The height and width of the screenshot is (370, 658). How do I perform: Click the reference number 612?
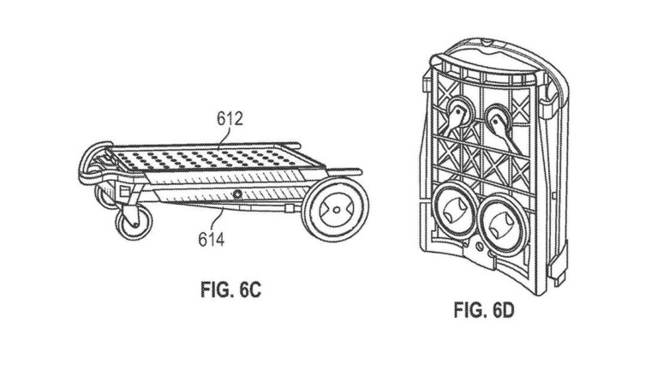pos(230,119)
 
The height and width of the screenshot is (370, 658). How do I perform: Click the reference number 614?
pos(212,239)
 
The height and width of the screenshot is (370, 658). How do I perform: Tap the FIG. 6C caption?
pos(230,289)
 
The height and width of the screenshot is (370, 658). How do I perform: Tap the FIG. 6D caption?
pos(484,310)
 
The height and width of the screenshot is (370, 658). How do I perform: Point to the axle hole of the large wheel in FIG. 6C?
pos(337,209)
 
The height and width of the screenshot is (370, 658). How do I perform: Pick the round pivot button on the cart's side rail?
pos(237,194)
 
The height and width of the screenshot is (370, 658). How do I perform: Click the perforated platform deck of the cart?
pos(215,158)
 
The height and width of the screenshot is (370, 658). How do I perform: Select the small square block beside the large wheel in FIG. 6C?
pos(289,208)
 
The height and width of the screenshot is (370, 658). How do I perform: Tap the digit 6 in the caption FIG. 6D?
pos(496,310)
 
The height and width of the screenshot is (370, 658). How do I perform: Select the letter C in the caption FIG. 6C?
pos(254,289)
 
